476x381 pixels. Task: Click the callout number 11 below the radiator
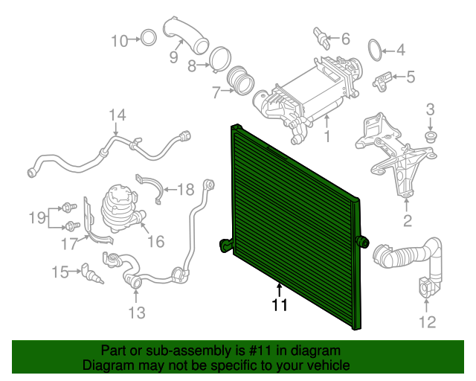pos(279,304)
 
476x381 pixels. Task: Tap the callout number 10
pos(120,40)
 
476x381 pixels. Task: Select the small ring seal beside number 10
pos(148,38)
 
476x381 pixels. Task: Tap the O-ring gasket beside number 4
pos(376,51)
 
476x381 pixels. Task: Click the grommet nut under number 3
pos(430,137)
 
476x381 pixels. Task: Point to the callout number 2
pos(407,220)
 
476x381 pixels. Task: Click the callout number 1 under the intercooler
pos(327,137)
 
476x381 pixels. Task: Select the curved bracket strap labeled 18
pos(151,188)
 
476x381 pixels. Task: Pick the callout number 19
pos(37,217)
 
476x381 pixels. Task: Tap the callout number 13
pos(137,313)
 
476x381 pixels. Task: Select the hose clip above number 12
pos(427,286)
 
